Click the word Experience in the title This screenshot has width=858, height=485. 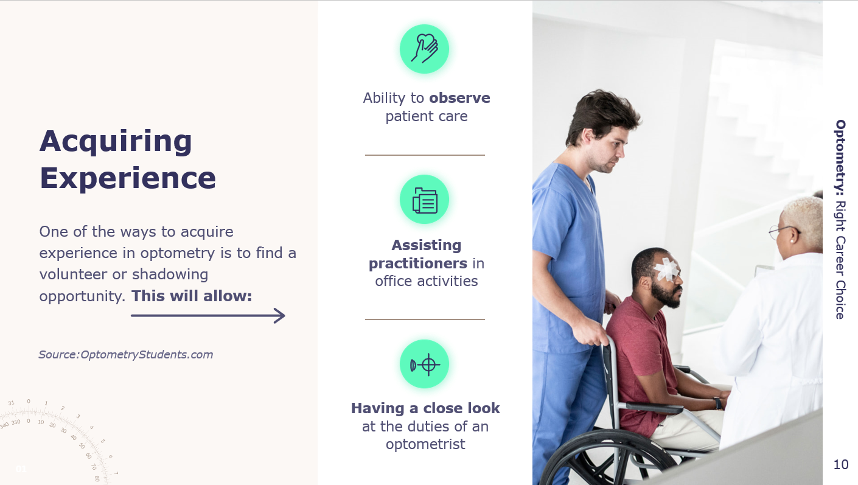[x=128, y=178]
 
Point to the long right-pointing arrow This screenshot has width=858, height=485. [x=208, y=315]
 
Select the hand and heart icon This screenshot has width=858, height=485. [x=424, y=49]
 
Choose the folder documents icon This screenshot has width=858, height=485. [x=424, y=200]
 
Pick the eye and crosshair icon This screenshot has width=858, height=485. [x=424, y=365]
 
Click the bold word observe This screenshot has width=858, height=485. [x=459, y=98]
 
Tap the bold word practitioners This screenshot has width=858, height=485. [x=418, y=263]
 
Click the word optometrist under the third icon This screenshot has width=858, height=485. [x=425, y=444]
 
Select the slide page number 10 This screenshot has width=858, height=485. [x=840, y=465]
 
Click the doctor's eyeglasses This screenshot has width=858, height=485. [x=781, y=231]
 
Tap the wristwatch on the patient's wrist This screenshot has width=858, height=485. [x=718, y=402]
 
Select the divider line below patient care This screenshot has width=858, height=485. [x=425, y=155]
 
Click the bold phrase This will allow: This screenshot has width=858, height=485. [x=192, y=296]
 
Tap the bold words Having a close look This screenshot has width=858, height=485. [x=425, y=408]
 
